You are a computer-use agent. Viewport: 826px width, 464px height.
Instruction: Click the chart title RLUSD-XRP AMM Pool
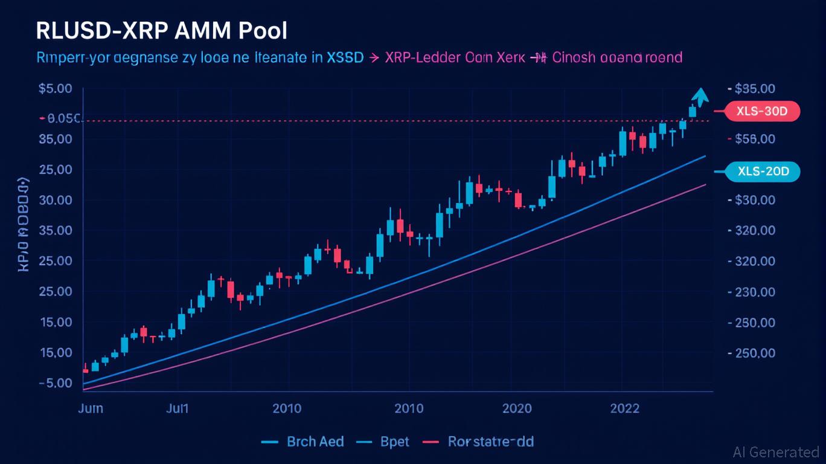coord(162,31)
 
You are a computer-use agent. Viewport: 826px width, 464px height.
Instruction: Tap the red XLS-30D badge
coord(760,111)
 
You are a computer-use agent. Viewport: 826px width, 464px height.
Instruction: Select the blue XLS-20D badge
coord(760,172)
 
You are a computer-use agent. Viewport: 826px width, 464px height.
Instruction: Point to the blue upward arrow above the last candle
coord(700,95)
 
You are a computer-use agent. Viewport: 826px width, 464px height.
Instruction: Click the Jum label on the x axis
coord(91,408)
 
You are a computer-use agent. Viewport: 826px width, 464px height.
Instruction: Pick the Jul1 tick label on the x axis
coord(178,408)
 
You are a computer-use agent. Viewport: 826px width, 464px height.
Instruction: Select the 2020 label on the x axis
coord(517,408)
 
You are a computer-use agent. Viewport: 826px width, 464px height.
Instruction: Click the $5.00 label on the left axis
coord(56,89)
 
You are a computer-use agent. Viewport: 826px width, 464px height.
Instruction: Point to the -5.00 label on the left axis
coord(55,383)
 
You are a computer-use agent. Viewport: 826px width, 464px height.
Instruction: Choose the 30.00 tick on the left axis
coord(56,200)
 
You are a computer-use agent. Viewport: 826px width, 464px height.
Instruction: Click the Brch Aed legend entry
coord(315,442)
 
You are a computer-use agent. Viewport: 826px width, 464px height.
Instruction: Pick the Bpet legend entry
coord(395,442)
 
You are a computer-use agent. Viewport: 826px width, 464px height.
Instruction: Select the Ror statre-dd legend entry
coord(491,442)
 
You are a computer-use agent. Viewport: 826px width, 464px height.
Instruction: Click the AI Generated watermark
coord(776,452)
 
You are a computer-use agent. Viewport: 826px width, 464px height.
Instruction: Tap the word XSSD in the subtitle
coord(345,58)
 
